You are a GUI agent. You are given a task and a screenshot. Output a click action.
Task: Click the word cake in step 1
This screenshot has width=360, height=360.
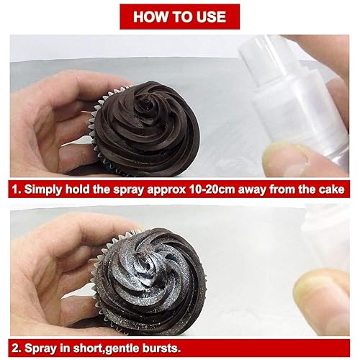point(336,192)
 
